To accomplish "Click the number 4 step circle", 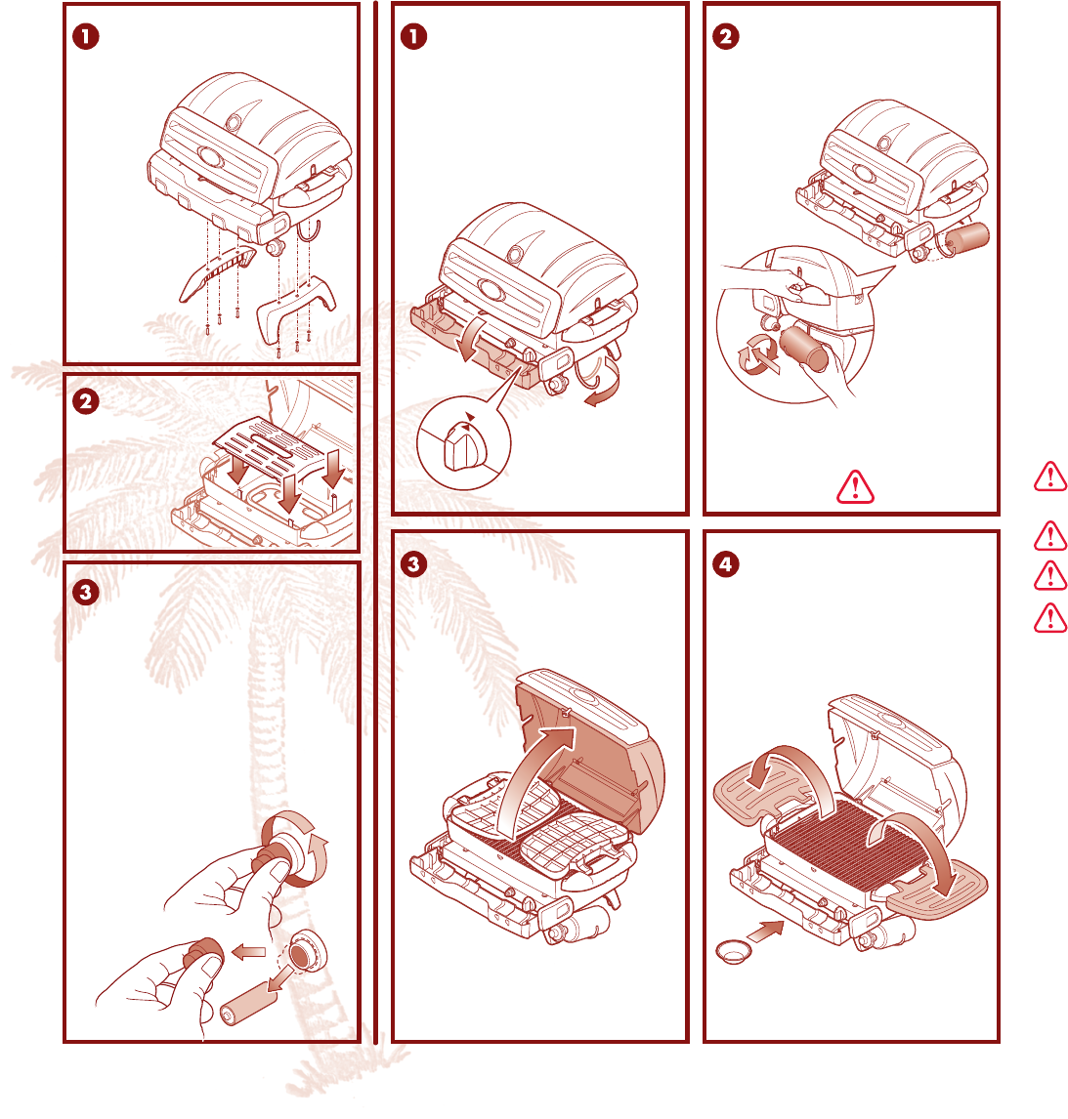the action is coord(725,564).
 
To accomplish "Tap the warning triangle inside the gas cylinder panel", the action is coord(855,487).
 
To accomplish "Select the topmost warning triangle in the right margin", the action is coord(1050,477).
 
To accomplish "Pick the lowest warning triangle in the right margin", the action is coord(1050,618).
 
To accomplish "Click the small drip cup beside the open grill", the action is coord(733,952).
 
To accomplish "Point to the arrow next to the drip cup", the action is coord(765,931).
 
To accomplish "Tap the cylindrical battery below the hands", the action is coord(246,1003).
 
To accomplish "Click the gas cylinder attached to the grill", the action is coord(968,238).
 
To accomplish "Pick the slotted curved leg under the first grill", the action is coord(217,272).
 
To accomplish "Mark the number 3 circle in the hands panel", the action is coord(86,593).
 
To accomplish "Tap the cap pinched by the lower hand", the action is coord(203,953).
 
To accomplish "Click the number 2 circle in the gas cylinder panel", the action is coord(726,36).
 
